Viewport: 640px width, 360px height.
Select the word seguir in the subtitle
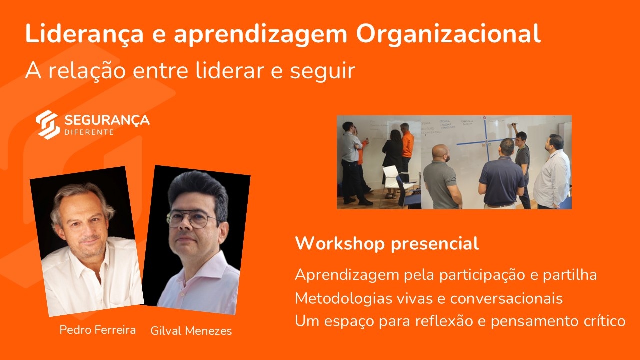pyautogui.click(x=323, y=71)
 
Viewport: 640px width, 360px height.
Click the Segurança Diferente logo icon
pyautogui.click(x=47, y=125)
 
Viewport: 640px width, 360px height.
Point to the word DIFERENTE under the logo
pyautogui.click(x=89, y=132)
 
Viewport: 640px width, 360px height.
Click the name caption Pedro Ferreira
pyautogui.click(x=97, y=330)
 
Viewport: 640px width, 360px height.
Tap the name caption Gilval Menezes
pyautogui.click(x=191, y=331)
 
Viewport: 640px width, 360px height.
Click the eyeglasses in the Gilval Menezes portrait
pyautogui.click(x=192, y=219)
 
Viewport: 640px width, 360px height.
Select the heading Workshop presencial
pyautogui.click(x=387, y=244)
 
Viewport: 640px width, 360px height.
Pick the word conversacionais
pyautogui.click(x=506, y=298)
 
